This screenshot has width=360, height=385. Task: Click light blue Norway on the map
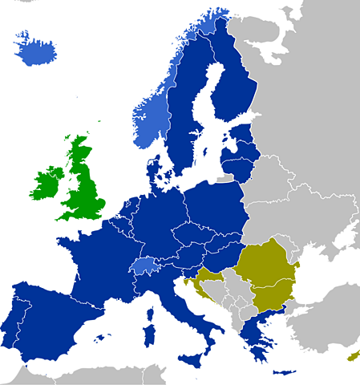(152, 112)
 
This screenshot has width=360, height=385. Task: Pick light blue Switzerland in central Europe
(144, 266)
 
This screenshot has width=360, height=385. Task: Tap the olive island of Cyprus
(351, 355)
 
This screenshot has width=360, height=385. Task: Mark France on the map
(100, 257)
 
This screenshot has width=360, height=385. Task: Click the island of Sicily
(191, 355)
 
